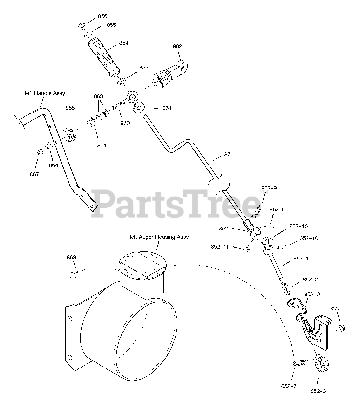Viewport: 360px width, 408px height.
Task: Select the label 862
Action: pos(177,46)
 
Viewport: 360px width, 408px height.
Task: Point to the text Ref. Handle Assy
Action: pos(44,93)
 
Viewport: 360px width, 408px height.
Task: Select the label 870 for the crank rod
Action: pos(228,154)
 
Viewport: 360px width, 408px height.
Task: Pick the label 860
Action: pos(125,123)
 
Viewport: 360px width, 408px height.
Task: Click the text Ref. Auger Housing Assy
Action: pos(158,237)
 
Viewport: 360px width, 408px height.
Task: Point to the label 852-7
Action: pos(289,386)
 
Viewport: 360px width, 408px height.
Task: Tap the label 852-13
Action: pos(299,226)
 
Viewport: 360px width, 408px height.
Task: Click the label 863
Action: pos(98,96)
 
